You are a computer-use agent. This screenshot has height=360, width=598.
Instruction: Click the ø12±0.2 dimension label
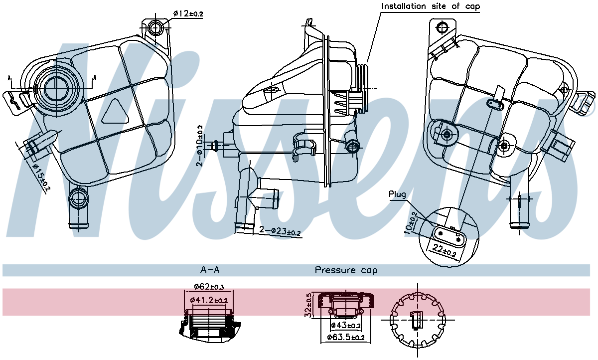point(188,13)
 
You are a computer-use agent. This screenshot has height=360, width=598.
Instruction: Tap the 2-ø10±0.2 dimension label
point(200,145)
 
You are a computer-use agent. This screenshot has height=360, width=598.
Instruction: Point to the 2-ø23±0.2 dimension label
point(280,231)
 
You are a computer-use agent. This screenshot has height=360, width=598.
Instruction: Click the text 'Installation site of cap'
point(431,6)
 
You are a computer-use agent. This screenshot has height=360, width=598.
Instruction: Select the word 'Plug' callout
point(397,194)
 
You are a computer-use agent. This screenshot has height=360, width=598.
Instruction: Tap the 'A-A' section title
point(210,270)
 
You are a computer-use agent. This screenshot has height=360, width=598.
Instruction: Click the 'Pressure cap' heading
point(346,270)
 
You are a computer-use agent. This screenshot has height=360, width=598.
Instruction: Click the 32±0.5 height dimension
point(308,305)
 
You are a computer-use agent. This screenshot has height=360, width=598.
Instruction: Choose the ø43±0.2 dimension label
point(346,326)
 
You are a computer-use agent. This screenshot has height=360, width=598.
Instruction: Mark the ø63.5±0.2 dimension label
point(345,338)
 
